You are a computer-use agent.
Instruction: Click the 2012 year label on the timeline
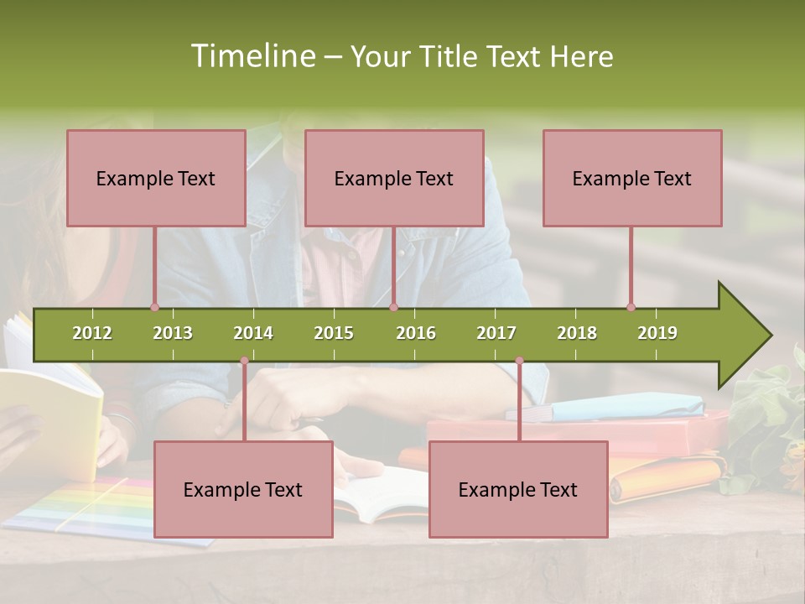(92, 333)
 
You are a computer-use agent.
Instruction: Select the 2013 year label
(173, 333)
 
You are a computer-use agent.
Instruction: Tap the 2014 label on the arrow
(253, 333)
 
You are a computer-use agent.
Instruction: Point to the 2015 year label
(334, 333)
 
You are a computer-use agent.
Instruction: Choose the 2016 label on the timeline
(416, 333)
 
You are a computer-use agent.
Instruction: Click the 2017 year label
(496, 333)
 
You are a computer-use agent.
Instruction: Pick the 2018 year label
(577, 333)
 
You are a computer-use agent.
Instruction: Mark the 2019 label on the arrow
(657, 333)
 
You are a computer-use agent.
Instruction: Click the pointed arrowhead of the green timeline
(746, 336)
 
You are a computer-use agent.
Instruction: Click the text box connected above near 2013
(156, 178)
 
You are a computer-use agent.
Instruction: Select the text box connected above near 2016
(394, 178)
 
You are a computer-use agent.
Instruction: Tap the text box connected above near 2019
(632, 178)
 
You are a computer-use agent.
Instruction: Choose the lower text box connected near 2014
(243, 489)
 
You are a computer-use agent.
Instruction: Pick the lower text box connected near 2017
(518, 489)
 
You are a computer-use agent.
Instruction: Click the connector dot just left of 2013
(154, 307)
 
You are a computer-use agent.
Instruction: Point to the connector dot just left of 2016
(393, 307)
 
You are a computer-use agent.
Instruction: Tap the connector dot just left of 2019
(631, 307)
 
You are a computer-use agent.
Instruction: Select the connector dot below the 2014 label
(244, 361)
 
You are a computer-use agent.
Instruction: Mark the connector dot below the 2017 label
(519, 361)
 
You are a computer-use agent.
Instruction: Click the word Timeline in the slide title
(252, 56)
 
